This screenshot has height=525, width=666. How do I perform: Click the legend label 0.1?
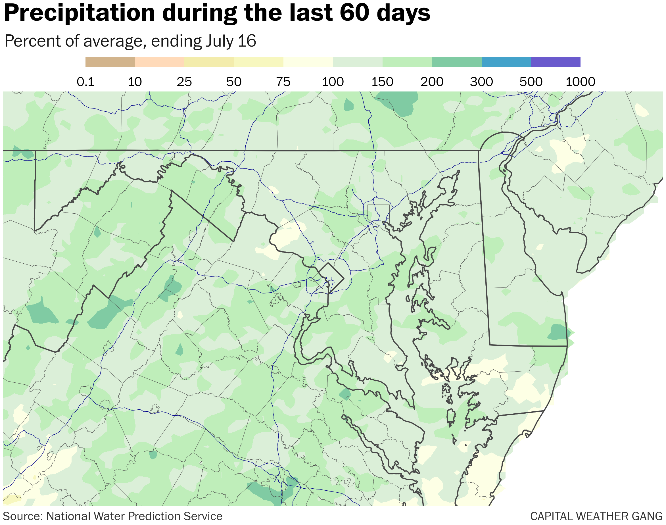coord(85,82)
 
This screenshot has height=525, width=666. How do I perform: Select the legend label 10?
coord(135,82)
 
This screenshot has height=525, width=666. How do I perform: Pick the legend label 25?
coord(184,82)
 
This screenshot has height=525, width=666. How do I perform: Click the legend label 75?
coord(283,82)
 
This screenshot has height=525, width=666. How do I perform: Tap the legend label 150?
coord(382,82)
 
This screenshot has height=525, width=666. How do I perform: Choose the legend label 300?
coord(481,82)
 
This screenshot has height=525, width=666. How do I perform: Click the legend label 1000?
coord(580,82)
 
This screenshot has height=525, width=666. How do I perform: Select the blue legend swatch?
coord(506,62)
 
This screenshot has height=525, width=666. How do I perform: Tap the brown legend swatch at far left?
coord(110,62)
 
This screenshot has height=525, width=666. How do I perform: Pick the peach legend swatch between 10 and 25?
coord(160,62)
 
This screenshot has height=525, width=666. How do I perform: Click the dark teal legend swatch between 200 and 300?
coord(456,62)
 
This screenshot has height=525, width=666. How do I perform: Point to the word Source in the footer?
coord(22,516)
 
